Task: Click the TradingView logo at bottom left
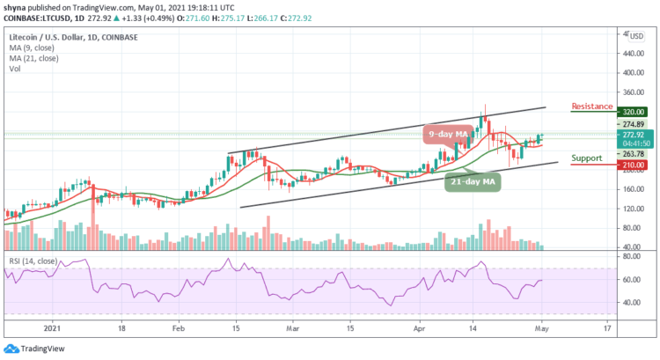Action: (x=32, y=347)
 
